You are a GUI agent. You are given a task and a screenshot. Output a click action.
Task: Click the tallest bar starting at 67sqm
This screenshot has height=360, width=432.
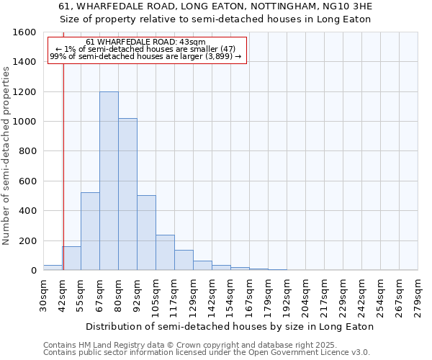109,181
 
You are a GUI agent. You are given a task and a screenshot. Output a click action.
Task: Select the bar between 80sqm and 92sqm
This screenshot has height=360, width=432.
127,194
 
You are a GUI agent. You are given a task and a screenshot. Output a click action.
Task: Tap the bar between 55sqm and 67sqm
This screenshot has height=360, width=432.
90,231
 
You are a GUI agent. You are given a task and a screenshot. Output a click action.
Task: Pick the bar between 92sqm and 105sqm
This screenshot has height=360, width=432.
146,233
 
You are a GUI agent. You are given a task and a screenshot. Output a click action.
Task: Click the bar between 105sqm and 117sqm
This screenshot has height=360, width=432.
165,253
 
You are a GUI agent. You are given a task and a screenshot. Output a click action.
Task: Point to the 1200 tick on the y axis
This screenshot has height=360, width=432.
24,92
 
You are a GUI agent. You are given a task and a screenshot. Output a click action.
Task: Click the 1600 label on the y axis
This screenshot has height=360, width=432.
24,32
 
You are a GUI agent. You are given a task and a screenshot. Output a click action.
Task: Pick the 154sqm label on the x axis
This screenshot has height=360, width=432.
230,296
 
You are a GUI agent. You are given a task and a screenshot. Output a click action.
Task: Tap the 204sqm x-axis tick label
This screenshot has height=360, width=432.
305,296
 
